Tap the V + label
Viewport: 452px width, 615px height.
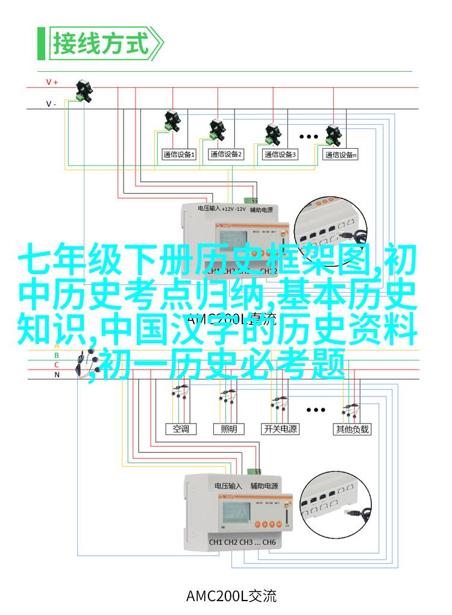52,82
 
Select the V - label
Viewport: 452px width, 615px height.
52,104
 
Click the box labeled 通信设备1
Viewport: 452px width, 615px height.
179,155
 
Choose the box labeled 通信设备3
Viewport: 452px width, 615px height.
280,155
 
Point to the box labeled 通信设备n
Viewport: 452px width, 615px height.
341,155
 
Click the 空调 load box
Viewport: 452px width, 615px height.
181,429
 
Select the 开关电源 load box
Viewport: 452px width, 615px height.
280,429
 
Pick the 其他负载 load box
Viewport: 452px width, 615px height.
352,429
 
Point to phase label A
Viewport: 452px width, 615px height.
57,345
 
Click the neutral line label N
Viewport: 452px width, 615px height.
57,374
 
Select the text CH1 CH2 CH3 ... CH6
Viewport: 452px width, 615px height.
242,542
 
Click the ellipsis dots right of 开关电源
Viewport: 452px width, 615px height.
316,410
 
